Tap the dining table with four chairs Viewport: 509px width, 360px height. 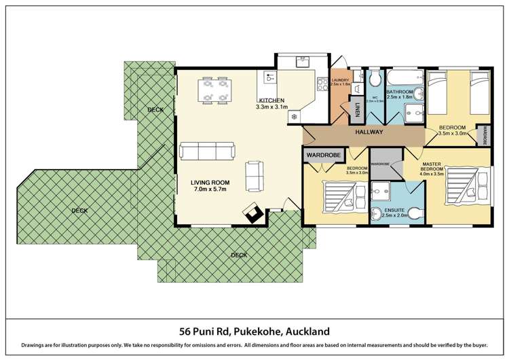214,91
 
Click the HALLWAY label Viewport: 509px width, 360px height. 369,132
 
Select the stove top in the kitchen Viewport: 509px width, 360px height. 323,85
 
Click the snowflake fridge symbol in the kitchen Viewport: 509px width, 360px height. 293,117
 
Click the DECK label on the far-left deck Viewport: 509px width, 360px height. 79,211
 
